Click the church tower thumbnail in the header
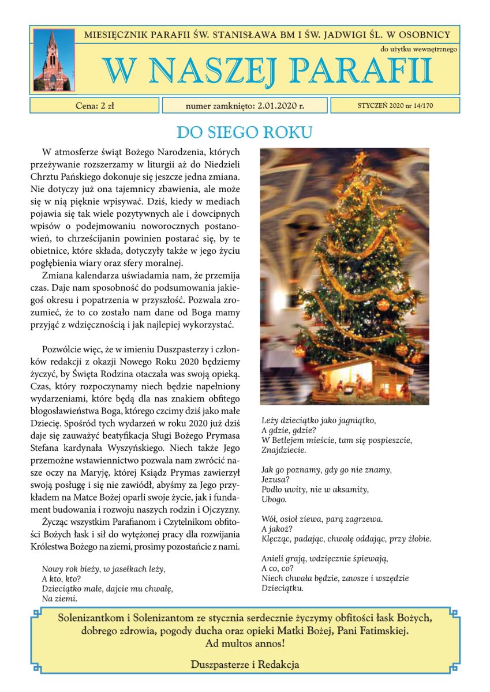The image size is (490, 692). [x=53, y=59]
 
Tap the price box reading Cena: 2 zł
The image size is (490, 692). [x=95, y=106]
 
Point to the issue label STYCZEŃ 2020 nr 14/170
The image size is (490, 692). [x=395, y=106]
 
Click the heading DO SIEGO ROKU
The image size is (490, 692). [x=244, y=133]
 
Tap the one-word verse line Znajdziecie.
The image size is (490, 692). [x=283, y=450]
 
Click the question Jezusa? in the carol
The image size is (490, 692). [x=276, y=480]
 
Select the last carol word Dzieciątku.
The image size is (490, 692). [x=282, y=588]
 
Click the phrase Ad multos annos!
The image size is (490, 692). [x=245, y=642]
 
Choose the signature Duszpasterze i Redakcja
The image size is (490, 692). [x=245, y=664]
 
